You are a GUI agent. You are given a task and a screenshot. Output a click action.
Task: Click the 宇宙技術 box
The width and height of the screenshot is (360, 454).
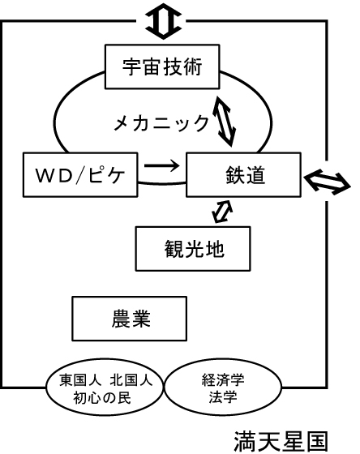pyautogui.click(x=162, y=66)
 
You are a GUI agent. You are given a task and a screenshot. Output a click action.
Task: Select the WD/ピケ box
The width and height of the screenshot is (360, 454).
pyautogui.click(x=80, y=174)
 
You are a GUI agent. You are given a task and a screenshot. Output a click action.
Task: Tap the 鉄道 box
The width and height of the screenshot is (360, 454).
pyautogui.click(x=243, y=174)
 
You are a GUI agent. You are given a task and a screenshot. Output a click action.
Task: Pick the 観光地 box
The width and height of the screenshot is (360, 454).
pyautogui.click(x=193, y=249)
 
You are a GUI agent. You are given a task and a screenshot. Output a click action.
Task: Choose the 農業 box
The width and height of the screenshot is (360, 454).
pyautogui.click(x=129, y=319)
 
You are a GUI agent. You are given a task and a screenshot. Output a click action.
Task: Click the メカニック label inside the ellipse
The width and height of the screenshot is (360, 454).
pyautogui.click(x=161, y=123)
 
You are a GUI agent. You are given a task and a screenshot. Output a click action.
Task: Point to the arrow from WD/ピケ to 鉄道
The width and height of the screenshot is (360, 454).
pyautogui.click(x=162, y=165)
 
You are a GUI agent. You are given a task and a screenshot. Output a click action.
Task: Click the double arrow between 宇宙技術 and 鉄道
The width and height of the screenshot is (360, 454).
pyautogui.click(x=224, y=121)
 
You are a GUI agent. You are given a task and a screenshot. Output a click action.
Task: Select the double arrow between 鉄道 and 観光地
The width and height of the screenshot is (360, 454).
pyautogui.click(x=222, y=212)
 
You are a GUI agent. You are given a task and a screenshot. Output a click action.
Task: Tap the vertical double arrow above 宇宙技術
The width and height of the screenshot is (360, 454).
pyautogui.click(x=163, y=21)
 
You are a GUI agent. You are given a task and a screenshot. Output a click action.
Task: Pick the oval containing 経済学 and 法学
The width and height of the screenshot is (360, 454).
pyautogui.click(x=223, y=388)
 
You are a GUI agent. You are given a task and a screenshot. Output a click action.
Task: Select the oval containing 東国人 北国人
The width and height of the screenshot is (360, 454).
pyautogui.click(x=105, y=388)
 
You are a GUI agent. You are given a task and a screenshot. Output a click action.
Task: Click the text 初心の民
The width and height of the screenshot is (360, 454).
pyautogui.click(x=102, y=397)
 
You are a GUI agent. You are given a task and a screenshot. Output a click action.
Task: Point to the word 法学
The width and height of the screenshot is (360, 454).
pyautogui.click(x=223, y=397)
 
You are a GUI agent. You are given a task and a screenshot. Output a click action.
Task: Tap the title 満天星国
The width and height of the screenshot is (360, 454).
pyautogui.click(x=281, y=442)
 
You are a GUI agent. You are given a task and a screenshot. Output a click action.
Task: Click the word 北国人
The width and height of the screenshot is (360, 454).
pyautogui.click(x=131, y=380)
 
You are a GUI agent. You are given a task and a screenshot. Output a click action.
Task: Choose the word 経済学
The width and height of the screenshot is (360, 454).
pyautogui.click(x=223, y=380)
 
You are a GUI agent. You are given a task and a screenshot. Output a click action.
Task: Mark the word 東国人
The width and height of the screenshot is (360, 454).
pyautogui.click(x=80, y=380)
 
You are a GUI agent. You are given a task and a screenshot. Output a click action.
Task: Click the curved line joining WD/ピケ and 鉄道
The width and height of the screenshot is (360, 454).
pyautogui.click(x=162, y=183)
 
